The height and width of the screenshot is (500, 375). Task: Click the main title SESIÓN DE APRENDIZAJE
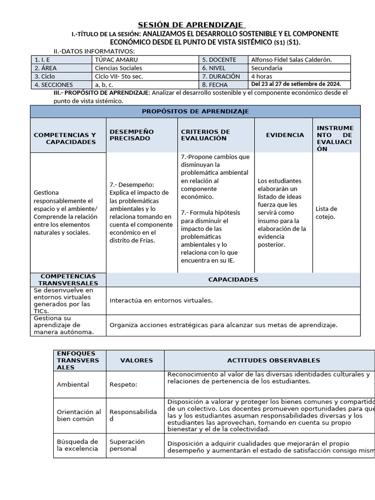[x=191, y=25]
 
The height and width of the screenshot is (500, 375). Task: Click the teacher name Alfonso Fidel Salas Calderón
[x=291, y=60]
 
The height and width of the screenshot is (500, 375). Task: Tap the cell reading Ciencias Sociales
[x=118, y=68]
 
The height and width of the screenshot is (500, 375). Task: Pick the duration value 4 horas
[x=262, y=76]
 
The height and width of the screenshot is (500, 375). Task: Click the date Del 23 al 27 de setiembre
[x=295, y=84]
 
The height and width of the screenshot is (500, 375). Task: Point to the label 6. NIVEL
[x=217, y=68]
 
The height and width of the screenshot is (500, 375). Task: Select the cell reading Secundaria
[x=267, y=68]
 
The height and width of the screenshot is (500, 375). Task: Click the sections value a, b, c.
[x=104, y=84]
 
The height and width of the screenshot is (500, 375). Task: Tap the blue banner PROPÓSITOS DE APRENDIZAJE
[x=195, y=111]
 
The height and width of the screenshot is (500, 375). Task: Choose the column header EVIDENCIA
[x=285, y=135]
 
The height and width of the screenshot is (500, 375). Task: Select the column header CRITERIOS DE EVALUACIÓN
[x=205, y=135]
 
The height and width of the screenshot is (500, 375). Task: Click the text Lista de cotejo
[x=326, y=212]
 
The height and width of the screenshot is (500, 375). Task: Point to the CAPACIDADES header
[x=233, y=280]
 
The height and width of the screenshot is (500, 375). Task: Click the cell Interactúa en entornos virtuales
[x=161, y=300]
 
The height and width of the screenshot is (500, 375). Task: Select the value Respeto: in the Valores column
[x=123, y=384]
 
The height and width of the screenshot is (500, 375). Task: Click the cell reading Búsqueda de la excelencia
[x=78, y=445]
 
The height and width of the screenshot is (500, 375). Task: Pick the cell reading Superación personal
[x=127, y=445]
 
